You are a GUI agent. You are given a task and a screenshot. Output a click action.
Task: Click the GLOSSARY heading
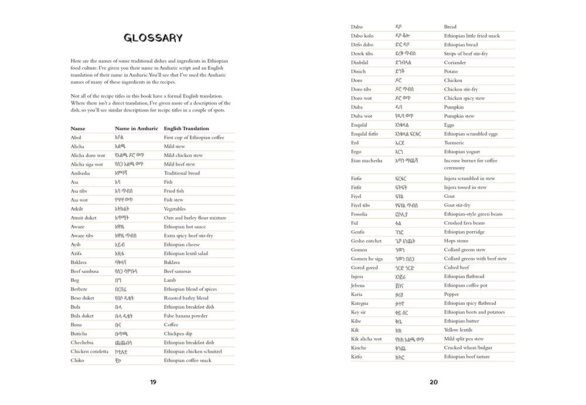pyautogui.click(x=153, y=39)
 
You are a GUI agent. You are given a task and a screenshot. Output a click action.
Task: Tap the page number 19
pyautogui.click(x=153, y=382)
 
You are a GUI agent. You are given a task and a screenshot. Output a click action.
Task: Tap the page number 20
pyautogui.click(x=434, y=382)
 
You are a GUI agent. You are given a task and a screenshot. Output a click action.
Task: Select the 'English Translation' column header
pyautogui.click(x=186, y=129)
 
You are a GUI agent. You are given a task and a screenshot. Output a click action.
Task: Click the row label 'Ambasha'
pyautogui.click(x=80, y=173)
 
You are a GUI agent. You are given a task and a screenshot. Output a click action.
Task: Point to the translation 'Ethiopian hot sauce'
pyautogui.click(x=185, y=227)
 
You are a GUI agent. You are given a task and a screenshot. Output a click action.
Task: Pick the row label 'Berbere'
pyautogui.click(x=79, y=289)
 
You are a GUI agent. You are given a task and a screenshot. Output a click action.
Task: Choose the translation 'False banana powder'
pyautogui.click(x=185, y=316)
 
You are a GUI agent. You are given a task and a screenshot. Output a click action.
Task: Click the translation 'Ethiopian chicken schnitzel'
pyautogui.click(x=192, y=351)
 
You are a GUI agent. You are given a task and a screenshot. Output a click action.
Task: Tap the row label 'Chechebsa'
pyautogui.click(x=82, y=342)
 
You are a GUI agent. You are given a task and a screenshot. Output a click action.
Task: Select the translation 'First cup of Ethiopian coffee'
pyautogui.click(x=194, y=137)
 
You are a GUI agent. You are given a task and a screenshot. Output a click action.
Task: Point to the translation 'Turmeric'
pyautogui.click(x=455, y=143)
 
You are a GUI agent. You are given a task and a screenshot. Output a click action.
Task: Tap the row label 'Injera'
pyautogui.click(x=357, y=276)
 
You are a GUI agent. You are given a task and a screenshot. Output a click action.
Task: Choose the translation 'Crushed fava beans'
pyautogui.click(x=464, y=223)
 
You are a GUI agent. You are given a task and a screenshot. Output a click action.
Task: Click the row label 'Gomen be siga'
pyautogui.click(x=367, y=258)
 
